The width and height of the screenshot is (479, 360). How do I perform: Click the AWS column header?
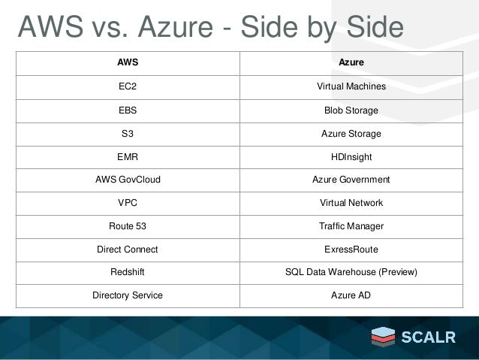click(x=128, y=62)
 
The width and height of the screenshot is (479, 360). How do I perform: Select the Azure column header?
click(x=351, y=62)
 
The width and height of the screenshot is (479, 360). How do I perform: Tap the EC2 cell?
click(x=128, y=87)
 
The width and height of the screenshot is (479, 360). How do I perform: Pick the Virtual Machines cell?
click(x=351, y=87)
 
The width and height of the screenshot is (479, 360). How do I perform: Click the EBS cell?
click(x=128, y=110)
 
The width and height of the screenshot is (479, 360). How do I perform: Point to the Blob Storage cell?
click(x=351, y=110)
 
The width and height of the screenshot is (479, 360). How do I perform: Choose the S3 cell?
click(x=128, y=134)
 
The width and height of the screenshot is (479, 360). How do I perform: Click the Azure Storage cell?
click(x=351, y=134)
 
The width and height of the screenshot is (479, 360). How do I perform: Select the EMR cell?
click(x=128, y=157)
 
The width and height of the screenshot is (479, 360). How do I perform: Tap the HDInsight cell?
click(x=351, y=157)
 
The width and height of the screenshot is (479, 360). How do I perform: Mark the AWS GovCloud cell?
click(x=128, y=180)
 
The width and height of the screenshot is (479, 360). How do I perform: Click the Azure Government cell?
click(x=351, y=180)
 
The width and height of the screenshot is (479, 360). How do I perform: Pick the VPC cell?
click(x=128, y=203)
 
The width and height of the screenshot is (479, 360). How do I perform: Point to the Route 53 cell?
click(x=128, y=226)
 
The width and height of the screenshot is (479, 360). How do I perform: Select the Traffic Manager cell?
click(x=351, y=226)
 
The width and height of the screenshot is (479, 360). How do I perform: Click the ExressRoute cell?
click(x=351, y=249)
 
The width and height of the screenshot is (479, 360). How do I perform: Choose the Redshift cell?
click(x=128, y=271)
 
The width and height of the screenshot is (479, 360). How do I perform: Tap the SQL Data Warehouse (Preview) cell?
click(x=351, y=271)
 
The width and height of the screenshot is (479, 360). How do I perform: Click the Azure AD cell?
click(x=351, y=295)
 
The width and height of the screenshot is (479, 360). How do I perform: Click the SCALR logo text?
click(x=429, y=337)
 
